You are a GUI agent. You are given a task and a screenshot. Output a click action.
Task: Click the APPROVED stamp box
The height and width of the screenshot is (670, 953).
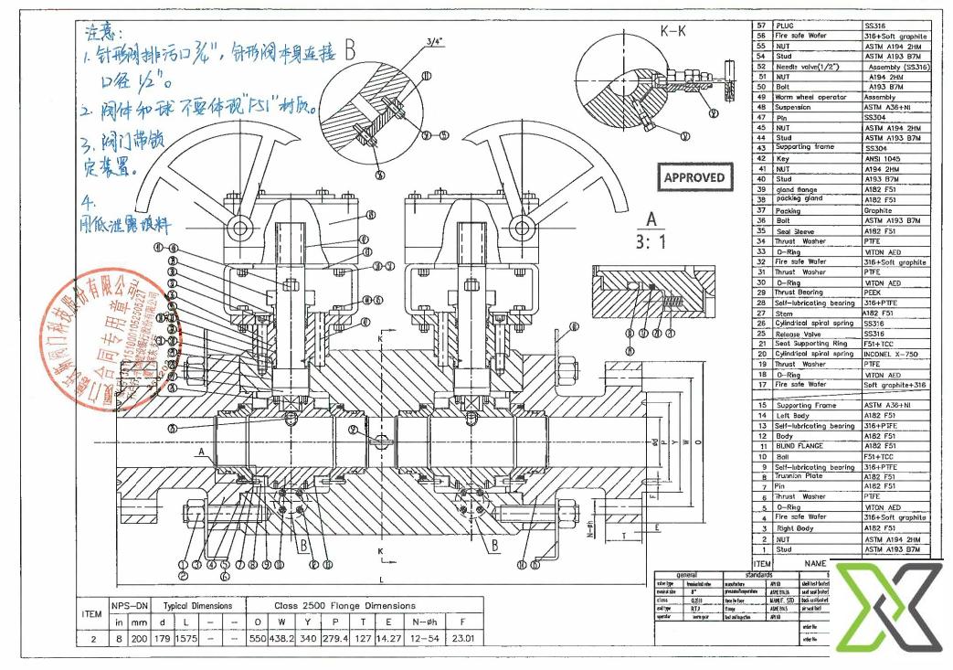coord(694,177)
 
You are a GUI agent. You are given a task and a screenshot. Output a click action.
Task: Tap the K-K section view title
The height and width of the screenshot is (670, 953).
coord(673,31)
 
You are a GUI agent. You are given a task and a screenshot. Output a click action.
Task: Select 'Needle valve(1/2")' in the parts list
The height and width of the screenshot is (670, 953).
coord(808,67)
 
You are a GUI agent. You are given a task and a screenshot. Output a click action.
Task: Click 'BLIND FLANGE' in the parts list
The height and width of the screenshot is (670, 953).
coord(799,446)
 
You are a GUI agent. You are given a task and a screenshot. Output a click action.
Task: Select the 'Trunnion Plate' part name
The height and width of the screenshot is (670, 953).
coord(801,476)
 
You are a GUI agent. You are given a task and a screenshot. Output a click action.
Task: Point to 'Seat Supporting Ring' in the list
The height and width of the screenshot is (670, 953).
coord(811,344)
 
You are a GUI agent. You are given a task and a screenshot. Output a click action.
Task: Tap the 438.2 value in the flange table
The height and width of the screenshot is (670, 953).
coord(287,639)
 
